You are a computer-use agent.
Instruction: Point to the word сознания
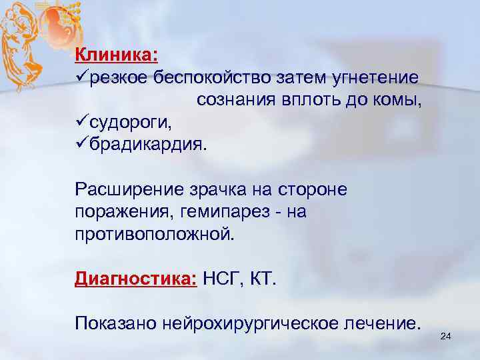click(234, 101)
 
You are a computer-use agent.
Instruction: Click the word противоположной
click(155, 234)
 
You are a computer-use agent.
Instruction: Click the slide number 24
click(446, 338)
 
